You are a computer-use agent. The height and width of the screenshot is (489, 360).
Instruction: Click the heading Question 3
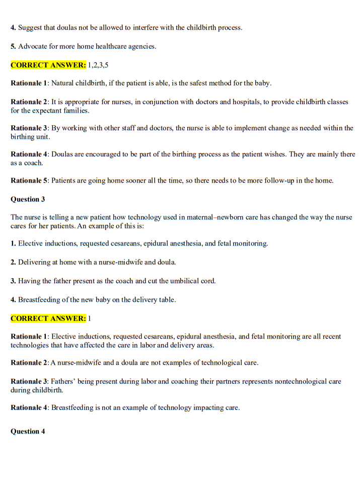pyautogui.click(x=28, y=199)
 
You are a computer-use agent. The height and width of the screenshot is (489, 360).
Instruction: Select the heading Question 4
pyautogui.click(x=28, y=431)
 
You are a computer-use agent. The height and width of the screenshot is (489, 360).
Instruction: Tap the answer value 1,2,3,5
pyautogui.click(x=98, y=65)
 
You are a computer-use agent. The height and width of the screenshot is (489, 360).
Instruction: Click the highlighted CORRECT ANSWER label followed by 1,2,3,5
pyautogui.click(x=48, y=65)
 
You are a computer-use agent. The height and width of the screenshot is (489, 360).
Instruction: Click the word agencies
pyautogui.click(x=141, y=46)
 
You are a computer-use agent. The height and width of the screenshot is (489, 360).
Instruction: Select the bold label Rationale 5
pyautogui.click(x=29, y=181)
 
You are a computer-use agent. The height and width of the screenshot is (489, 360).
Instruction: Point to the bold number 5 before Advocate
pyautogui.click(x=13, y=46)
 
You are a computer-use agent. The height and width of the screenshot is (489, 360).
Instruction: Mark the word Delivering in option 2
pyautogui.click(x=35, y=262)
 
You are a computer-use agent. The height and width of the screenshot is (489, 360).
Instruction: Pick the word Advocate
pyautogui.click(x=33, y=46)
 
